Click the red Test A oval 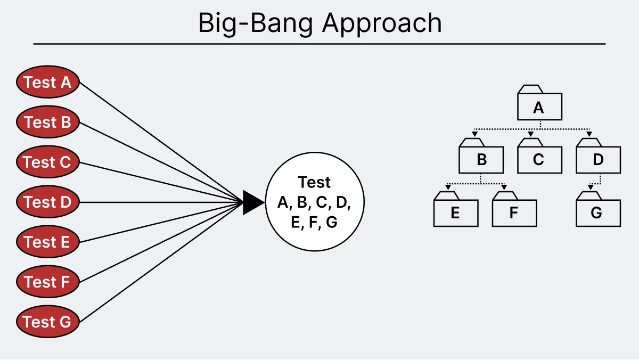coord(47,83)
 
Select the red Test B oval coord(47,122)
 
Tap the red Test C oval coord(47,162)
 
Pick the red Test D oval coord(47,202)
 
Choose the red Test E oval coord(47,242)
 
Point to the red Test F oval coord(47,282)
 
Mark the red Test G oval coord(47,322)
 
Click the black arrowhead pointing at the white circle coord(253,202)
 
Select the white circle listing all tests coord(314,202)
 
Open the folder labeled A coord(539,107)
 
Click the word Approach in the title coord(383,24)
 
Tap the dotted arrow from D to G coord(597,182)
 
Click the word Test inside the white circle coord(314,182)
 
